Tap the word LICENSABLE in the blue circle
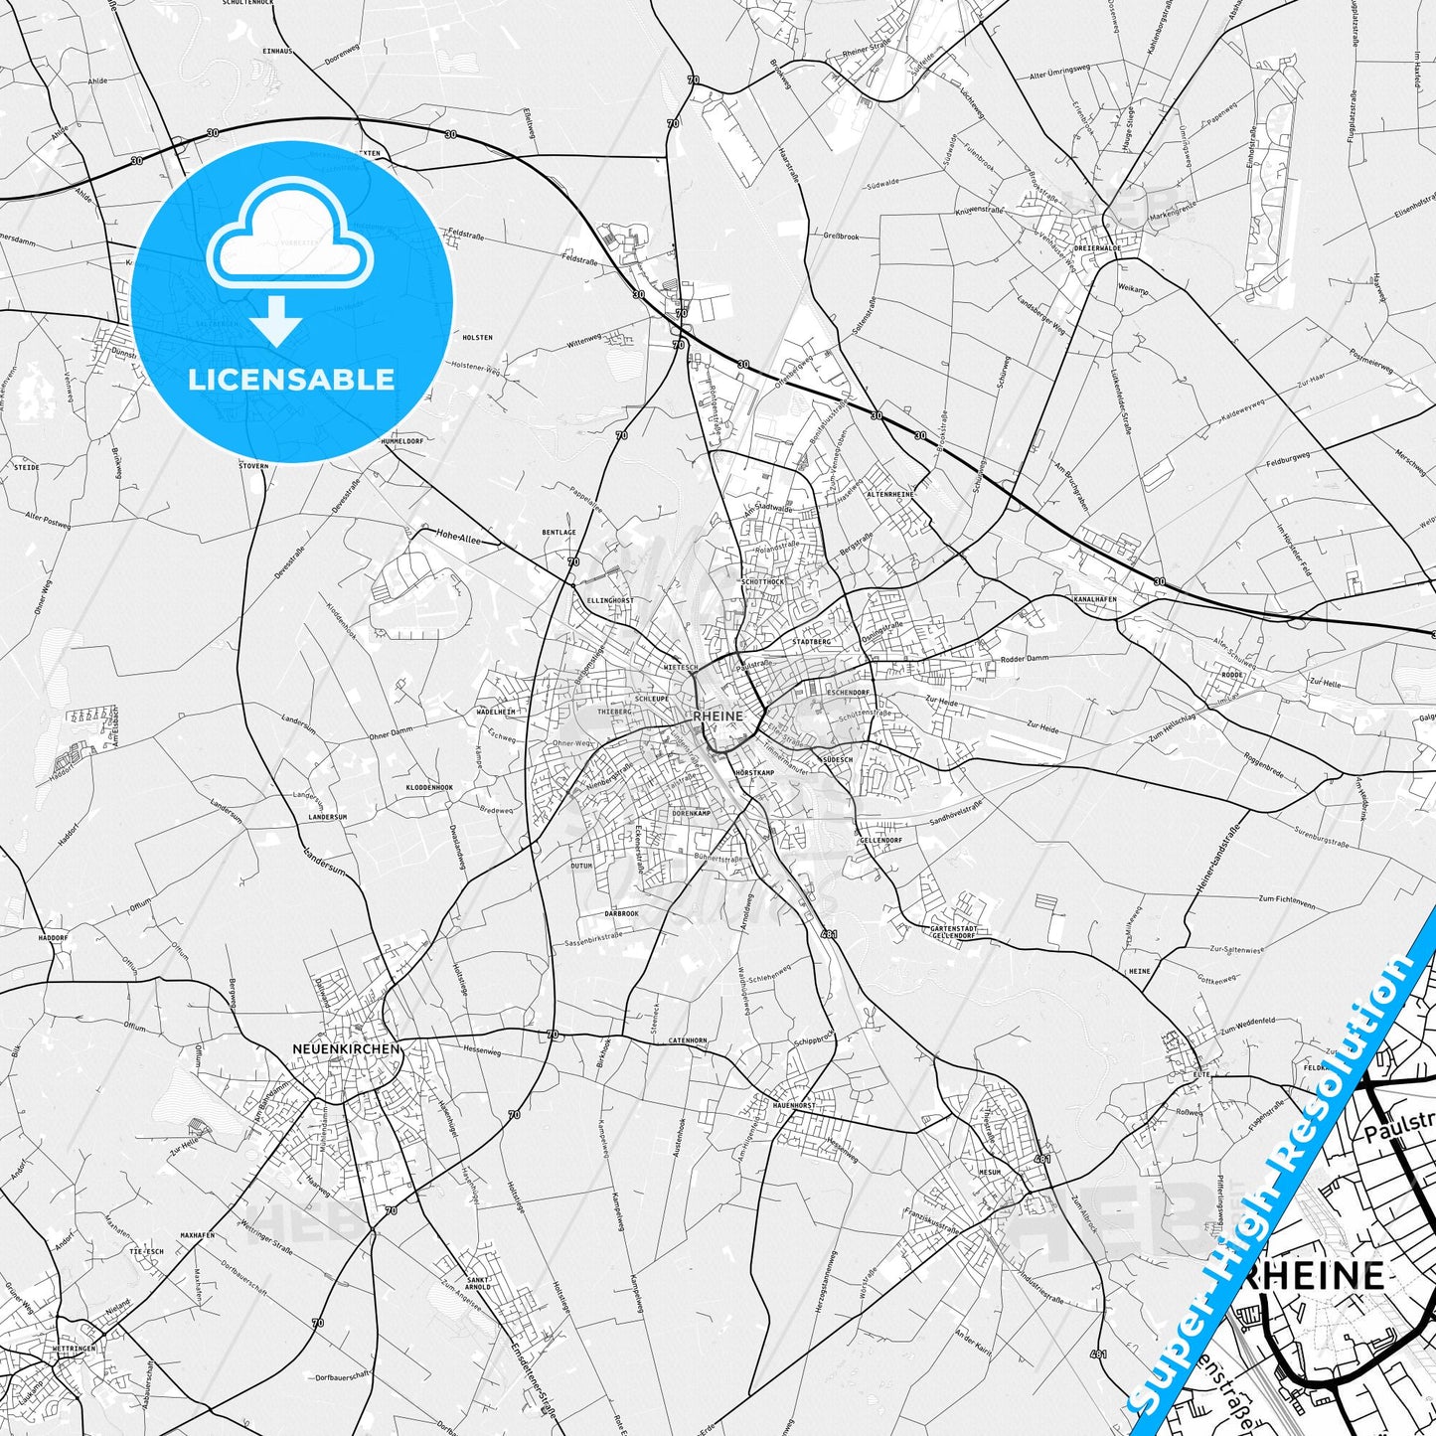pos(291,379)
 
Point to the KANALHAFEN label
pos(1095,599)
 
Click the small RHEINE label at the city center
pos(718,716)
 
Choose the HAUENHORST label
pos(793,1105)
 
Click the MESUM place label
pos(989,1172)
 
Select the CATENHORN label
pos(688,1040)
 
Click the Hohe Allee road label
pos(458,537)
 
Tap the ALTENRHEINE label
pos(889,493)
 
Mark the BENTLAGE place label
pos(558,533)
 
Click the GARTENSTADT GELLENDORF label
pos(952,931)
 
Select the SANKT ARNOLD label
pos(478,1283)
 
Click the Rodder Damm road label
pos(1025,659)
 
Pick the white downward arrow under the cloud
pos(277,320)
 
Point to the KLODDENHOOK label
pos(429,787)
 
